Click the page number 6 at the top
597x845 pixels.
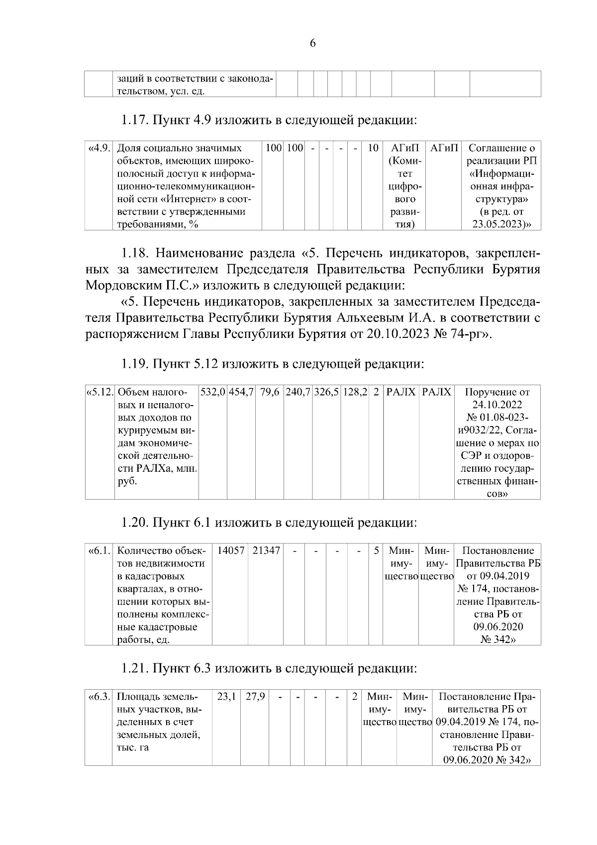click(312, 43)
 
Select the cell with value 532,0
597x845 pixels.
click(213, 392)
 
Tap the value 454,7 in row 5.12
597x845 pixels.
click(241, 392)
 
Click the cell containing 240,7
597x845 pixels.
click(298, 392)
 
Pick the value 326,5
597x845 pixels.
click(326, 392)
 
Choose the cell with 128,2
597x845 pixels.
click(355, 392)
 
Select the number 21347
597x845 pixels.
click(266, 551)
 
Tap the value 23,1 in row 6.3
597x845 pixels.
click(226, 696)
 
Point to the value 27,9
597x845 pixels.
click(255, 696)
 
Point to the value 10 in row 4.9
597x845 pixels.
click(373, 148)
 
